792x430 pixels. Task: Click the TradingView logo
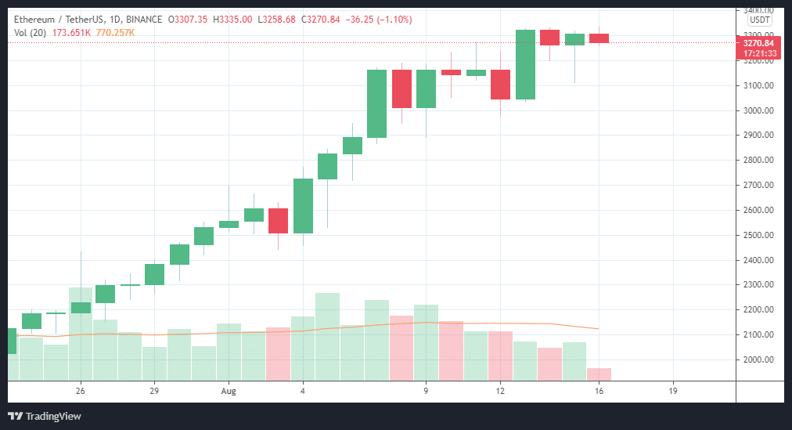click(x=45, y=416)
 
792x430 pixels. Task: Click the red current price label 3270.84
click(x=759, y=42)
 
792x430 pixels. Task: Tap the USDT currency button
click(x=759, y=20)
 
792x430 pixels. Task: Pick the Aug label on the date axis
click(x=229, y=390)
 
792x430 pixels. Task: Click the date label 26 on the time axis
click(x=81, y=390)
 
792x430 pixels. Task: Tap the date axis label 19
click(x=673, y=390)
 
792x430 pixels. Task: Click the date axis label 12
click(x=500, y=390)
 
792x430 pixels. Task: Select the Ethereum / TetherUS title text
click(x=59, y=19)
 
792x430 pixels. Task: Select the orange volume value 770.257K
click(x=114, y=32)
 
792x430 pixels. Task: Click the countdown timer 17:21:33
click(x=759, y=53)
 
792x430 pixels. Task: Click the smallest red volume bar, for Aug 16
click(x=599, y=374)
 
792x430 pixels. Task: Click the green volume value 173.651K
click(x=70, y=32)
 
